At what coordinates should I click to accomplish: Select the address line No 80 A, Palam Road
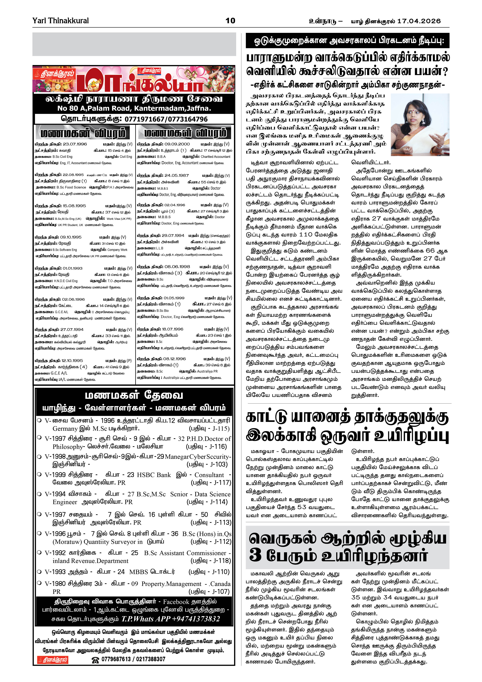click(134, 108)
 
